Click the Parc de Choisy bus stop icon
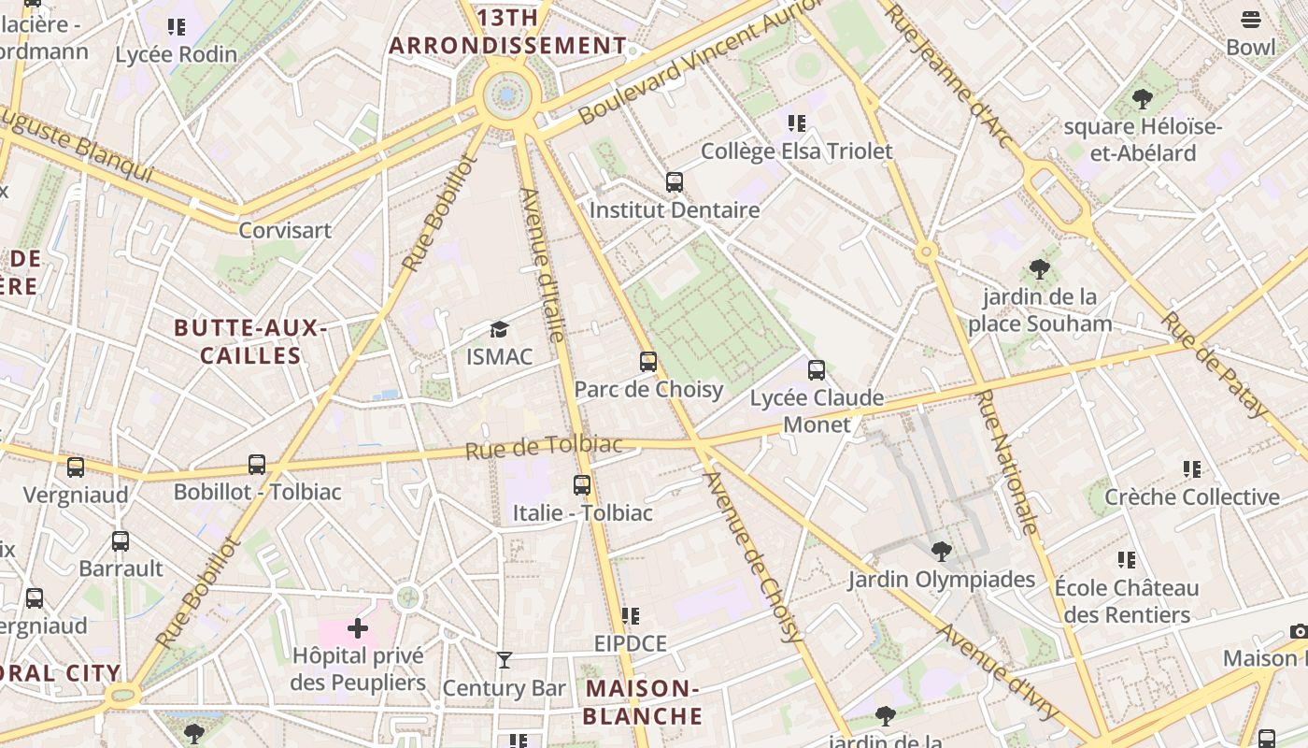point(648,362)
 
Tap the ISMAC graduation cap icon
point(500,330)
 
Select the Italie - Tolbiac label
point(582,512)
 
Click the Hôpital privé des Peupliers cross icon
point(358,628)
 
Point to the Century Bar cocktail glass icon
point(505,660)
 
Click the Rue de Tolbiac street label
point(544,447)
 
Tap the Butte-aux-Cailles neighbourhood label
point(250,341)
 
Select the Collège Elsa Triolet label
point(796,151)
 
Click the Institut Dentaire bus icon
point(675,182)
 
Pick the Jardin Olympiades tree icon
point(942,552)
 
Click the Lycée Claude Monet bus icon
point(817,370)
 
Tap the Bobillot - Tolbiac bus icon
point(257,465)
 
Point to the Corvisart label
point(285,230)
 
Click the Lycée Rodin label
point(177,54)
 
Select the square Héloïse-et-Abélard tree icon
point(1142,99)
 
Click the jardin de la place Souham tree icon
point(1040,270)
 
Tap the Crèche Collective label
point(1192,496)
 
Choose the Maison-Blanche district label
point(643,702)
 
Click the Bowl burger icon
point(1251,20)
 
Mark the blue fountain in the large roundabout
point(507,94)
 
